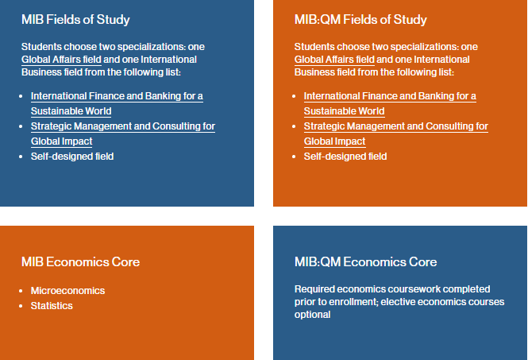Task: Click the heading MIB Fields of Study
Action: (75, 20)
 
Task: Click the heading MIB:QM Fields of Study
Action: (360, 20)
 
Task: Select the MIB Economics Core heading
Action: (80, 262)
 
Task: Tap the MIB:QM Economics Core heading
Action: (365, 262)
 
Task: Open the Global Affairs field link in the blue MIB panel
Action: (61, 60)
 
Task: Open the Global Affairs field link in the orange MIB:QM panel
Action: (334, 60)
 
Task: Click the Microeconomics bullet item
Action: (67, 291)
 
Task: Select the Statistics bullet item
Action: (52, 306)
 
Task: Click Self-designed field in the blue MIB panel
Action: (72, 157)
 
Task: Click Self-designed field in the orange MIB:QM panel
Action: (345, 157)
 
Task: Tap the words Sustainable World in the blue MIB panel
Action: (71, 111)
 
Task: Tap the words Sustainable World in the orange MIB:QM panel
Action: (344, 111)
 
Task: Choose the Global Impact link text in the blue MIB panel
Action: (62, 141)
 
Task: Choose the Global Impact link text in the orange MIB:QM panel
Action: (335, 141)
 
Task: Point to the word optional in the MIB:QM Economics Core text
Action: (312, 315)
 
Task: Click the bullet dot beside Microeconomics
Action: (21, 291)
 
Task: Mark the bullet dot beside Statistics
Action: (21, 306)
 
